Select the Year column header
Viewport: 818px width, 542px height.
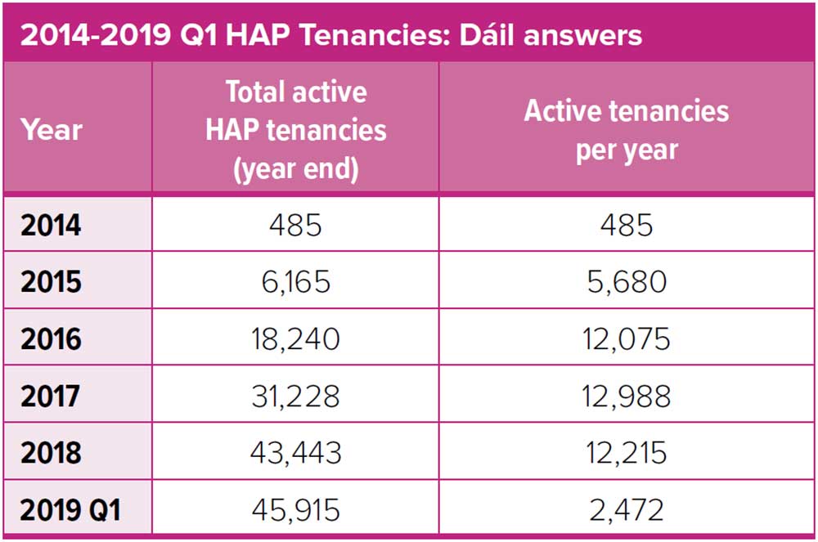pyautogui.click(x=52, y=129)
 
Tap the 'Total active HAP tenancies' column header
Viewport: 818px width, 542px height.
pyautogui.click(x=295, y=129)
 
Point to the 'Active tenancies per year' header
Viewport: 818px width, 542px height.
pyautogui.click(x=627, y=129)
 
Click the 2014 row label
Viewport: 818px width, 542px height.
pyautogui.click(x=52, y=224)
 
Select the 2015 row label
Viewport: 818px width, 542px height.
pyautogui.click(x=52, y=281)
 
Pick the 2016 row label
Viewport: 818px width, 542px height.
pyautogui.click(x=52, y=338)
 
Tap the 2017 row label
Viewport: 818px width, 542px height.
pyautogui.click(x=52, y=396)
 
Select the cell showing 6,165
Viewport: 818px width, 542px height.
pyautogui.click(x=295, y=281)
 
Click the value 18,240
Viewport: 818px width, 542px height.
pyautogui.click(x=295, y=338)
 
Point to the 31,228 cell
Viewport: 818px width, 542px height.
pyautogui.click(x=295, y=396)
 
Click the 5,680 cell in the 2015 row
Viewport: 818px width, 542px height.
pyautogui.click(x=627, y=281)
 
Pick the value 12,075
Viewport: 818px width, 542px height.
pyautogui.click(x=627, y=338)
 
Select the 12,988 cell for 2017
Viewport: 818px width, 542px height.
pyautogui.click(x=627, y=396)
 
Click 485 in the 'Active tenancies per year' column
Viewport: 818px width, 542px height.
pyautogui.click(x=627, y=224)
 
